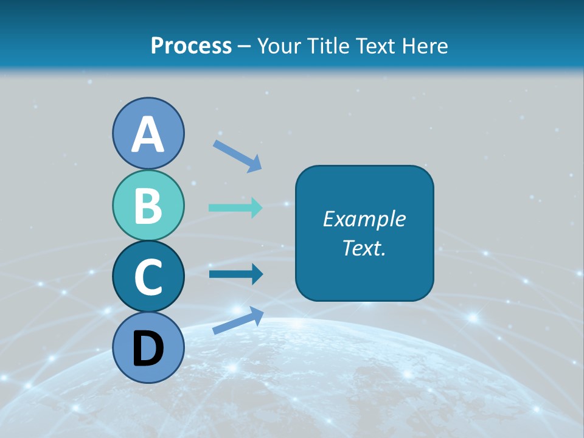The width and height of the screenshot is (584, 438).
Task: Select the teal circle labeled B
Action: coord(148,206)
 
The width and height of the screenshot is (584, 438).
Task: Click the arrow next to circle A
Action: coord(237,156)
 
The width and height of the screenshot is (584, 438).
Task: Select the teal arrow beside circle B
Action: coord(236,207)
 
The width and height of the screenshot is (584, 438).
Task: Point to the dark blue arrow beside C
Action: coord(236,274)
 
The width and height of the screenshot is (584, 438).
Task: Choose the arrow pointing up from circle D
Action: coord(238,320)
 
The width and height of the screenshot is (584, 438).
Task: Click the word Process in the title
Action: coord(191,46)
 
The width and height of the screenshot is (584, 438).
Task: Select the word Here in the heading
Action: coord(425,46)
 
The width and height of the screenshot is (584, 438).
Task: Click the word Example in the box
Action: coord(364,219)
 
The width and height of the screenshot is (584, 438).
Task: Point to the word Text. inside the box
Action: coord(364,248)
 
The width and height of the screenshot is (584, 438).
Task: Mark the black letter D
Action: coord(148,349)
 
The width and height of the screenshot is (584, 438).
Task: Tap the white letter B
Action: coord(148,206)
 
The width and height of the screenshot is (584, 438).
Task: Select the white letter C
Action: coord(148,277)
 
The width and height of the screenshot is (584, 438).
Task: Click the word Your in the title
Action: coord(277,46)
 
